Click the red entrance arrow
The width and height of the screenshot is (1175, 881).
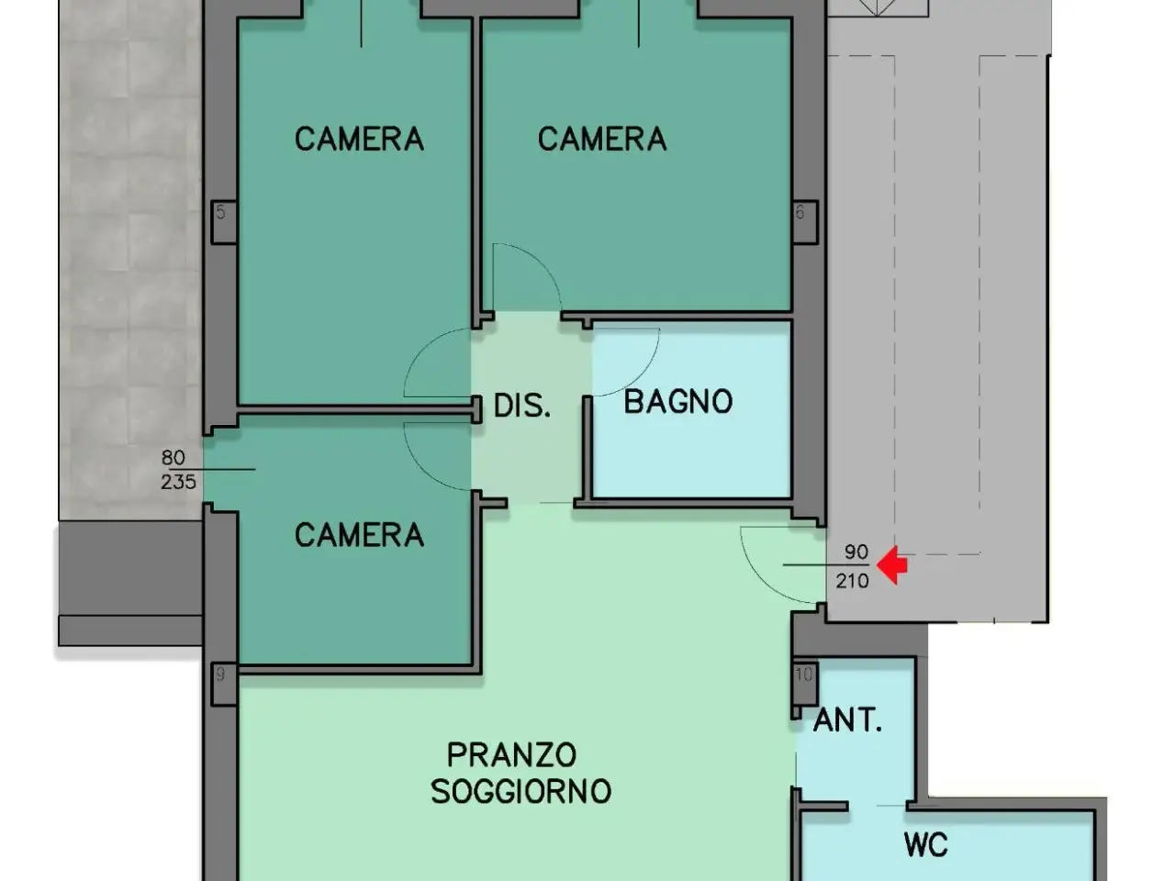pyautogui.click(x=891, y=565)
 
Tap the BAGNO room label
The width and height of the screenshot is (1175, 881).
pyautogui.click(x=678, y=402)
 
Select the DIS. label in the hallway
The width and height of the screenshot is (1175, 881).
pyautogui.click(x=522, y=406)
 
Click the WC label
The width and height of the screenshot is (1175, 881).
pyautogui.click(x=925, y=845)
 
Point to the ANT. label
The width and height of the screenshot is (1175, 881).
pyautogui.click(x=847, y=719)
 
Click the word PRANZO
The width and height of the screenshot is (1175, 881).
pyautogui.click(x=511, y=754)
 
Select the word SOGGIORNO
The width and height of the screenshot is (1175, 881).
pyautogui.click(x=520, y=791)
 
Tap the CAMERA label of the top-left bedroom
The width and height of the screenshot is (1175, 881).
pyautogui.click(x=359, y=139)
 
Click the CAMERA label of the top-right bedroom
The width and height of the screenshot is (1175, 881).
pyautogui.click(x=602, y=139)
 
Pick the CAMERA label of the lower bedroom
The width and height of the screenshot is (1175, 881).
pyautogui.click(x=359, y=535)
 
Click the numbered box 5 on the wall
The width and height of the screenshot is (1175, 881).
pyautogui.click(x=224, y=222)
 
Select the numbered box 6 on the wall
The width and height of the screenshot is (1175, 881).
pyautogui.click(x=805, y=222)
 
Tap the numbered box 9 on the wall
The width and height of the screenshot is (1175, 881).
pyautogui.click(x=224, y=684)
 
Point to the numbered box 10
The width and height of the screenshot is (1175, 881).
pyautogui.click(x=804, y=684)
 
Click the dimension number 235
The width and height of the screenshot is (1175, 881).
pyautogui.click(x=178, y=482)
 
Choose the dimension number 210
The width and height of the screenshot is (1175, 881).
pyautogui.click(x=852, y=581)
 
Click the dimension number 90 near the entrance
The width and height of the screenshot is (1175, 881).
pyautogui.click(x=856, y=552)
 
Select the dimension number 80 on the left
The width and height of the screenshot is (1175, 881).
pyautogui.click(x=173, y=457)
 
